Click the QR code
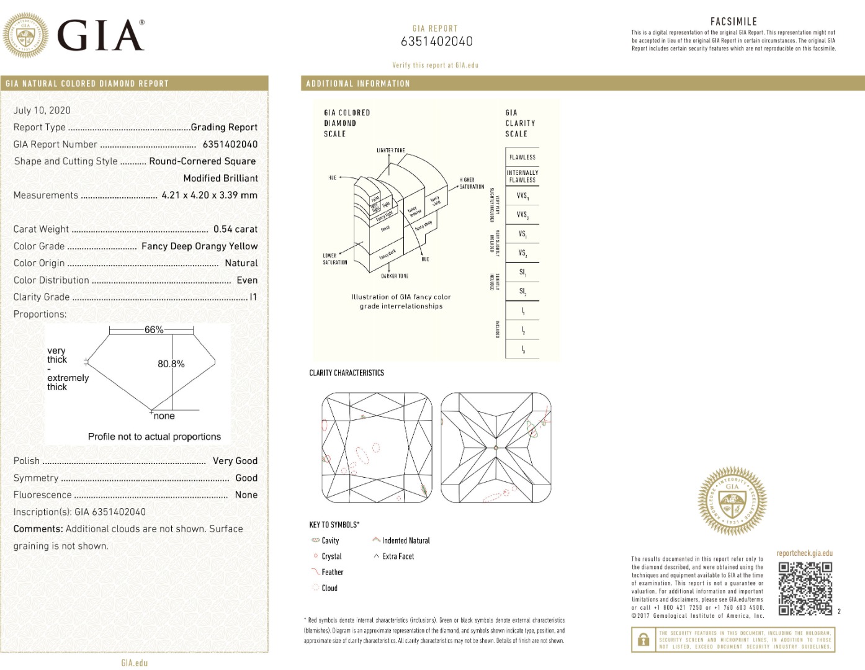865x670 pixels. coord(805,588)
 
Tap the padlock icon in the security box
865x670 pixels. coord(643,639)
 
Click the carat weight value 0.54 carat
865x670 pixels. coord(235,229)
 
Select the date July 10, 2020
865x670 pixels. coord(42,110)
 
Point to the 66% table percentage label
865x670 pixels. coord(154,329)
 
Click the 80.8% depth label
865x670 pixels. coord(171,364)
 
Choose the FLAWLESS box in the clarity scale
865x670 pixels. coord(522,158)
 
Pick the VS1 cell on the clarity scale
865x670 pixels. coord(522,234)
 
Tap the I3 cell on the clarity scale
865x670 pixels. coord(522,350)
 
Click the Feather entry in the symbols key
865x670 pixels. coord(332,572)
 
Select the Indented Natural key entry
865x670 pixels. coord(406,540)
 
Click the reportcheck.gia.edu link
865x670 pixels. coord(804,553)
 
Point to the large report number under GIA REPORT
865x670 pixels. coord(436,42)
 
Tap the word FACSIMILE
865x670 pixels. coord(733,22)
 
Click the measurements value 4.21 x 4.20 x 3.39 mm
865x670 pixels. coord(209,195)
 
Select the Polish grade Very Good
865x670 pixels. coord(235,461)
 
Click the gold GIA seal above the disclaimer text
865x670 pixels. coord(732,501)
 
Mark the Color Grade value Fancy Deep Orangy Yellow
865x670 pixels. coord(199,246)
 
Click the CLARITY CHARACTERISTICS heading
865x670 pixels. coord(346,373)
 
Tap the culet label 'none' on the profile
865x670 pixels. coord(164,416)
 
